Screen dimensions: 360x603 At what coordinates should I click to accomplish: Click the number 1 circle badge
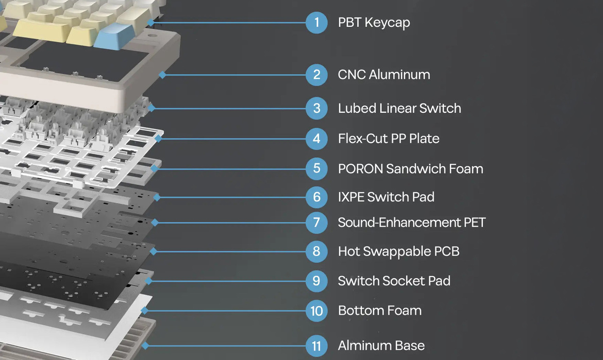click(x=316, y=22)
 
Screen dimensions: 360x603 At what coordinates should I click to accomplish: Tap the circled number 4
click(x=316, y=139)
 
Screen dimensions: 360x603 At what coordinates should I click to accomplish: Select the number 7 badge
click(x=316, y=222)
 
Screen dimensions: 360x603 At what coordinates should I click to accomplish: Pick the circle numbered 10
click(x=316, y=311)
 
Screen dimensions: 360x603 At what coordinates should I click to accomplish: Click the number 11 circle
click(x=316, y=345)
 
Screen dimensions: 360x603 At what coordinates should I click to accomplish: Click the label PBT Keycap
click(x=374, y=23)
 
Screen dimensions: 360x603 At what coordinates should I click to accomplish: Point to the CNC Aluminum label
click(x=383, y=75)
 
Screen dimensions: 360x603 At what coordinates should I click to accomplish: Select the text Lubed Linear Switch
click(x=399, y=109)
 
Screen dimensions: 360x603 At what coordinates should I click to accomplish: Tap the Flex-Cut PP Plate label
click(x=388, y=139)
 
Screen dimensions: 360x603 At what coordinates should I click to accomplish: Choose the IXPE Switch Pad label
click(x=386, y=197)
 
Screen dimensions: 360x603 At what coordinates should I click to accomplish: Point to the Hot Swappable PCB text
click(x=398, y=251)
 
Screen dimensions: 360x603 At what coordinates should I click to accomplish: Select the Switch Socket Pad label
click(x=394, y=281)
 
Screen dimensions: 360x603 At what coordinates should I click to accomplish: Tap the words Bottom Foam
click(x=379, y=311)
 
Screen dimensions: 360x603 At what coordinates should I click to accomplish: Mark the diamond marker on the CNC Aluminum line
click(x=162, y=75)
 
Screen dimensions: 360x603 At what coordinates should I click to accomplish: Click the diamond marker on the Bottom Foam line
click(x=145, y=311)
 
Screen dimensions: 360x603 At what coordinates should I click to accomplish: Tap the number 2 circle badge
click(x=316, y=75)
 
